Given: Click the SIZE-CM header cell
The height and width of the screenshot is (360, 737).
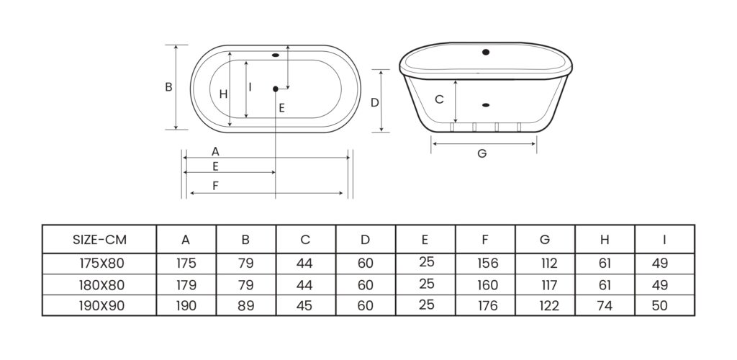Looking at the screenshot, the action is tap(99, 240).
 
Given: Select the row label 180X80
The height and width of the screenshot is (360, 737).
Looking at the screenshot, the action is tap(102, 285).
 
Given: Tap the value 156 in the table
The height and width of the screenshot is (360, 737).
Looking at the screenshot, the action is tap(487, 264).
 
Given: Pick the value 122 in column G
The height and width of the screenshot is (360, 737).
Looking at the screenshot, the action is tap(548, 306).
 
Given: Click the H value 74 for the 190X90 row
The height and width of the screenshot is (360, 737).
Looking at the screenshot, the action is tap(605, 306).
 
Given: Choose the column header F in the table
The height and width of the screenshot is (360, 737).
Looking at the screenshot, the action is tap(485, 240).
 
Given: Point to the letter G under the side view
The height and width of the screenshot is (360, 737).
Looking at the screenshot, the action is tap(481, 153).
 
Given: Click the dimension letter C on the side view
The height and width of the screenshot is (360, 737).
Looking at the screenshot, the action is tap(440, 99).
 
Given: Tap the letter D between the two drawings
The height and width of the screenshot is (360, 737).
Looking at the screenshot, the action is tap(374, 102).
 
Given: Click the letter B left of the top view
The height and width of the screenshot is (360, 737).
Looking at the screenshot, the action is tap(168, 87).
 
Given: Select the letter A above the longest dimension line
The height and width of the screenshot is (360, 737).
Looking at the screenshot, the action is tap(215, 151).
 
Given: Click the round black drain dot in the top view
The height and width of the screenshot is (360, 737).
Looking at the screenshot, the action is tap(276, 89).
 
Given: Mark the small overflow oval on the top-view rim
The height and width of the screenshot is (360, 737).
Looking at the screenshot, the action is tap(276, 55).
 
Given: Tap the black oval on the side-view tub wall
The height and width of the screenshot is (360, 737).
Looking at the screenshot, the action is tap(487, 105).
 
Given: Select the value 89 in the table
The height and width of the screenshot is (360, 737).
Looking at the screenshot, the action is tap(245, 306).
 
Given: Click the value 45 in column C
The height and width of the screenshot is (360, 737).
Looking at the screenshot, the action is tap(304, 306).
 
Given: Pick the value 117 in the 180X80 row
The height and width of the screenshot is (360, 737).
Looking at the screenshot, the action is tap(548, 285).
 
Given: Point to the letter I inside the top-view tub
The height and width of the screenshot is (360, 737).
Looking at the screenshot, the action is tap(250, 87).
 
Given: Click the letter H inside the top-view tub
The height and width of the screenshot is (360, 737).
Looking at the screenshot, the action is tap(223, 94).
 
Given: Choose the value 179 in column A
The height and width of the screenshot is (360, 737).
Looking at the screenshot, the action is tap(186, 285).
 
